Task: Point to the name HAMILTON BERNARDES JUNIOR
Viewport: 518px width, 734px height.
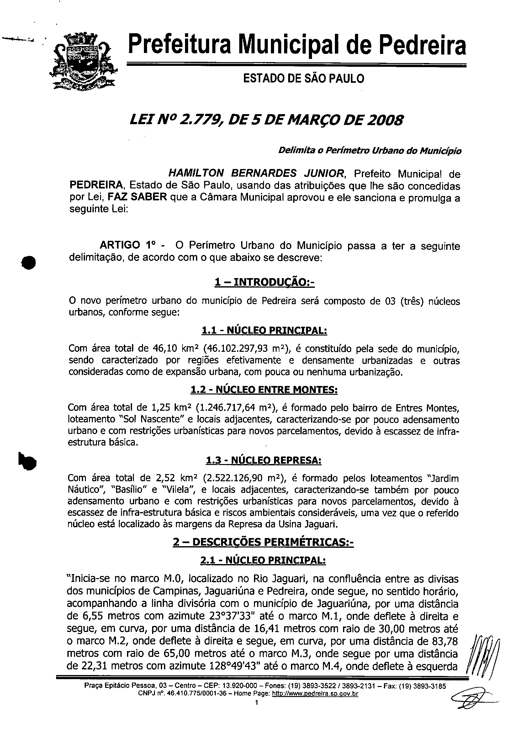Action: pyautogui.click(x=256, y=174)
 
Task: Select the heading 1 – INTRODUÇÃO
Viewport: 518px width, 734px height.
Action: pyautogui.click(x=265, y=282)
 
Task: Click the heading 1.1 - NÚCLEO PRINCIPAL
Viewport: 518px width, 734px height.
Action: pyautogui.click(x=264, y=330)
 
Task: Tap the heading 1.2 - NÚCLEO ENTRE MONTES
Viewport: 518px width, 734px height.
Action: pyautogui.click(x=264, y=390)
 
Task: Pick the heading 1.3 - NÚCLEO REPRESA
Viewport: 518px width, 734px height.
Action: pyautogui.click(x=264, y=460)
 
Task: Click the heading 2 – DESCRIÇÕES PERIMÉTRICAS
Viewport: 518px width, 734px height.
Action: pyautogui.click(x=263, y=542)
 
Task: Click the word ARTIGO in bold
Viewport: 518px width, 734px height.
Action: pyautogui.click(x=119, y=245)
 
